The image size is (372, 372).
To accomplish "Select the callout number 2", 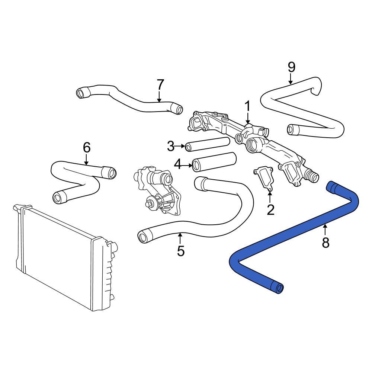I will coord(270,210).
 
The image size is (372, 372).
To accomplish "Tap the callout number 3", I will coord(170,147).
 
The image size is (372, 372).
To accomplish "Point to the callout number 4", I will coord(177,164).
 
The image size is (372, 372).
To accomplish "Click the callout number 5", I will coord(180,251).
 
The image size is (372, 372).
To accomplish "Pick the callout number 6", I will coord(86,148).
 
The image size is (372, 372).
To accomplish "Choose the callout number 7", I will coord(160,85).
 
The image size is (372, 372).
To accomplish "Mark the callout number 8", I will coord(325,243).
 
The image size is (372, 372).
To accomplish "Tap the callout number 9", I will coord(291,67).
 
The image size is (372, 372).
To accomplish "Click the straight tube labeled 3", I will coord(208,144).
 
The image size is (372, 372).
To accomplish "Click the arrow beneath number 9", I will coord(291,79).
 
